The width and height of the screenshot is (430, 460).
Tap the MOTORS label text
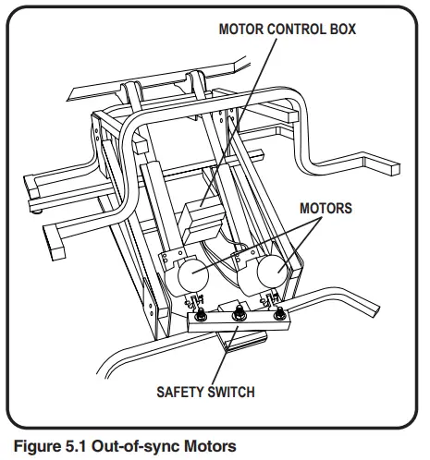click(326, 208)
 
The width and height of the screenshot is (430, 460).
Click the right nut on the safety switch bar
click(281, 307)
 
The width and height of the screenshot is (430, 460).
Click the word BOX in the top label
click(338, 29)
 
